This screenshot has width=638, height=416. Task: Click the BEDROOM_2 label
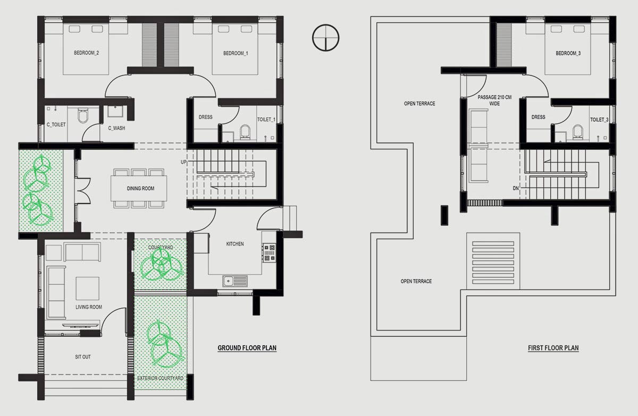(86, 53)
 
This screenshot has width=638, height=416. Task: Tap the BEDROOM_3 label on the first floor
(568, 53)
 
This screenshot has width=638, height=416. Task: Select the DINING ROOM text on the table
(140, 189)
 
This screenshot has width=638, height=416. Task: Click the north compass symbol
(325, 38)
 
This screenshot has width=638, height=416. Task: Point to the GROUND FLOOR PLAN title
(247, 348)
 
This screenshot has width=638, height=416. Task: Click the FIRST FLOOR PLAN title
(553, 348)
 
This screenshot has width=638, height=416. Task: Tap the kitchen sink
(235, 281)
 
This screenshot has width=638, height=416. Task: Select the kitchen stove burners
(269, 253)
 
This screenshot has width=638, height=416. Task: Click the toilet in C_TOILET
(82, 116)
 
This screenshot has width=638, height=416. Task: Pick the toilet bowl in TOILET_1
(245, 132)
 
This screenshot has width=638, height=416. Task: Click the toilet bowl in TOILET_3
(577, 132)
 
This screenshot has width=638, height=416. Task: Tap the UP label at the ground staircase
(184, 162)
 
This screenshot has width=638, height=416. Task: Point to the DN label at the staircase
(516, 188)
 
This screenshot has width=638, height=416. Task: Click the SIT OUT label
(83, 357)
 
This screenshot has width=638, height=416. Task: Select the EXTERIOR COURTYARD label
(160, 378)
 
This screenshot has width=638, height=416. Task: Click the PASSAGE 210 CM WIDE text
(494, 100)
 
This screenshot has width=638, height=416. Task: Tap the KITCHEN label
(235, 244)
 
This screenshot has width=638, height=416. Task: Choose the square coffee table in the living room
(87, 288)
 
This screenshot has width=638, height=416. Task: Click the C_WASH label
(116, 128)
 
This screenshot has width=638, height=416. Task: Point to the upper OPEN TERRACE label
(419, 104)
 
